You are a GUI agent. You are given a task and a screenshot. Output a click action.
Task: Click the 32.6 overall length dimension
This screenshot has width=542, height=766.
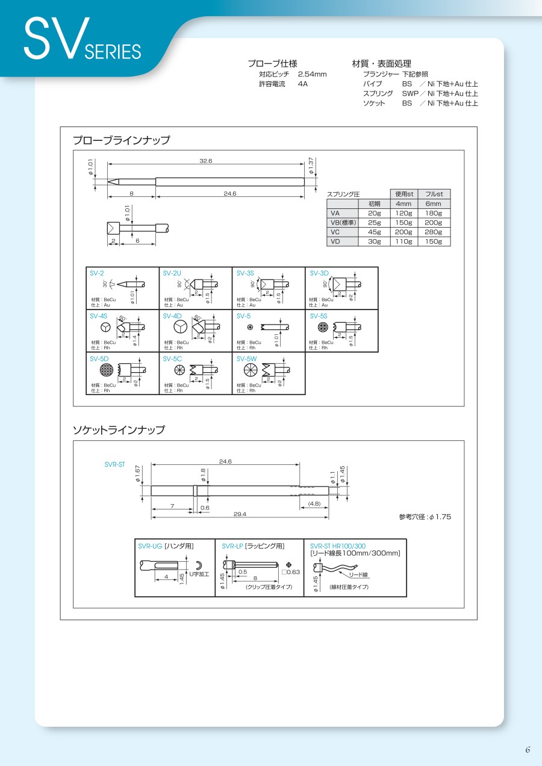[x=206, y=161]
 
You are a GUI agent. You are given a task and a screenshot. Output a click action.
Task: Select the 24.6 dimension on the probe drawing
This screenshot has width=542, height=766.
[x=229, y=193]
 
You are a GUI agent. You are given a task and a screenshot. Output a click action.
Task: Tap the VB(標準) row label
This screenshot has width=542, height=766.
[x=343, y=223]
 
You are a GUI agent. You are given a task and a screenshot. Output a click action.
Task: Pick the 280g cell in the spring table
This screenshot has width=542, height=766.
[x=434, y=232]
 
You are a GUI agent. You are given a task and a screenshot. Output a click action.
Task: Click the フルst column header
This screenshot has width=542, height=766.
[x=434, y=195]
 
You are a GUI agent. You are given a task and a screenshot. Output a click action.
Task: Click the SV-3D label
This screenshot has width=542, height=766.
[x=319, y=273]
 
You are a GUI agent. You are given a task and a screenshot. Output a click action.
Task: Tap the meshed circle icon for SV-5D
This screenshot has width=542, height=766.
[x=107, y=370]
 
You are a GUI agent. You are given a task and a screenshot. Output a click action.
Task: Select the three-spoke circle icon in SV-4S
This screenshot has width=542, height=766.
[x=105, y=326]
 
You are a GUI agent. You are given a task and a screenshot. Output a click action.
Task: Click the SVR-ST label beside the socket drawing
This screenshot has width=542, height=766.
[x=114, y=464]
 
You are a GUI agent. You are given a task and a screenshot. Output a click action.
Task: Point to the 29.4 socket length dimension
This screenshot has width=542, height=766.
[x=240, y=514]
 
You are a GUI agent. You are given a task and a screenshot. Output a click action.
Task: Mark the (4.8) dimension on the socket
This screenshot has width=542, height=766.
[x=314, y=503]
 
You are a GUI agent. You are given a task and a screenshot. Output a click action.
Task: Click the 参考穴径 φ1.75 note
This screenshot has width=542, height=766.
[x=425, y=517]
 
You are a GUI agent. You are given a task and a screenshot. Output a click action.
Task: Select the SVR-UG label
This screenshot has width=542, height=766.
[x=150, y=546]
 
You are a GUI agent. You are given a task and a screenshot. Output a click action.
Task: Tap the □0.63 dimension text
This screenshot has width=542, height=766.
[x=290, y=572]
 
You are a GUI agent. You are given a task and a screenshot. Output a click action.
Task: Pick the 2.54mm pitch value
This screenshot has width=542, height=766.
[x=312, y=74]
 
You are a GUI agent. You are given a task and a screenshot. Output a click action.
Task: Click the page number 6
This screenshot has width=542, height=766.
[x=528, y=750]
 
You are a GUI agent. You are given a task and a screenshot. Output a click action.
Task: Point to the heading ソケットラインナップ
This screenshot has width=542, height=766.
[x=118, y=430]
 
